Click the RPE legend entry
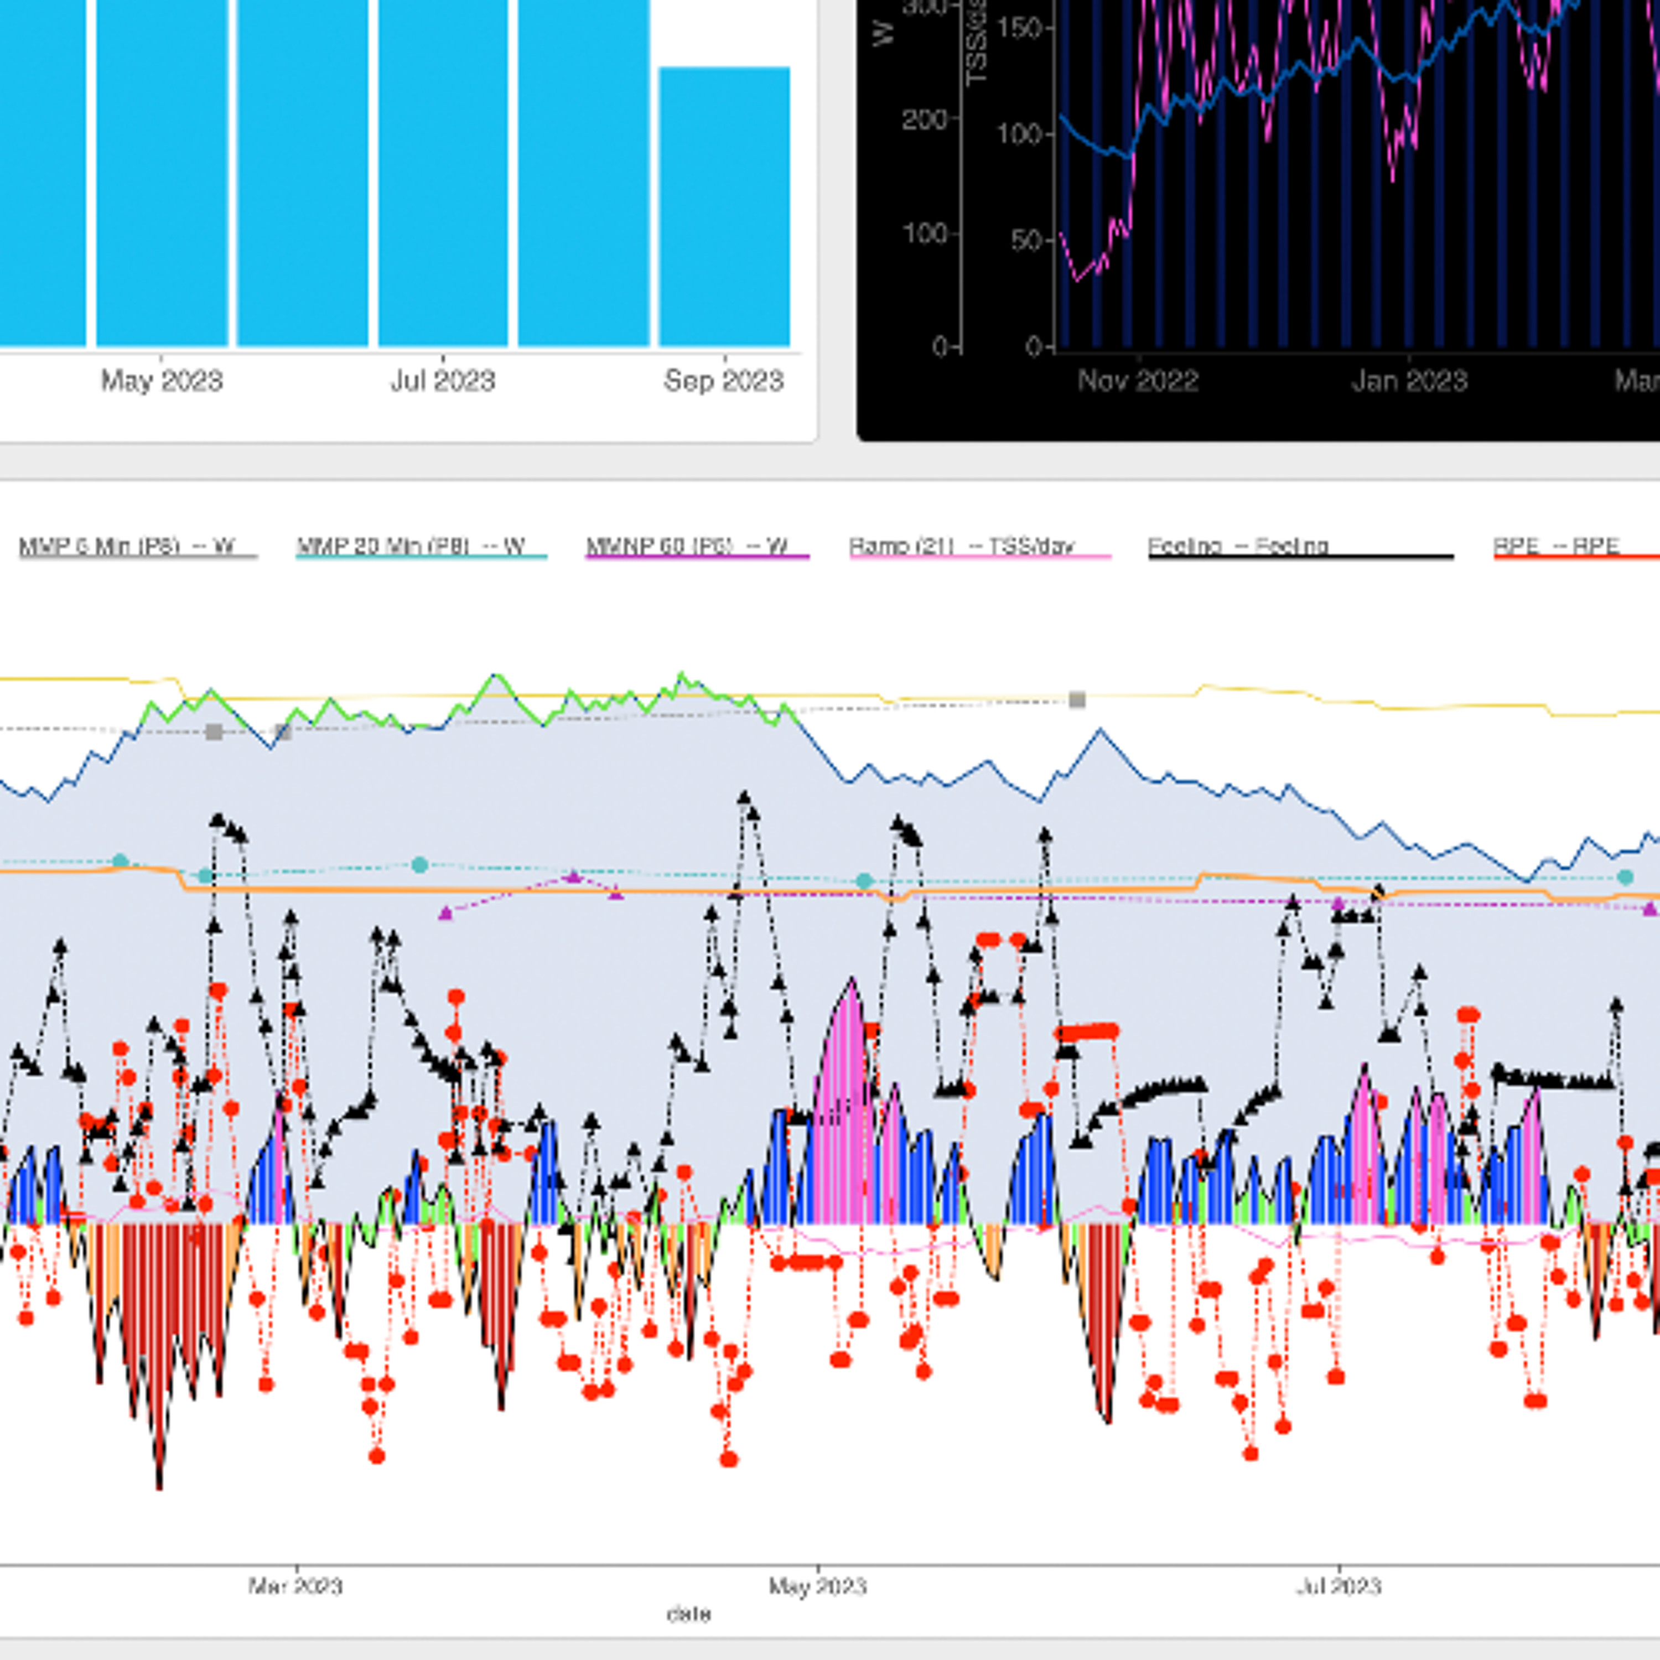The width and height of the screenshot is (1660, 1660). [1556, 547]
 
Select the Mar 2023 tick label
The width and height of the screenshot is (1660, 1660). [295, 1585]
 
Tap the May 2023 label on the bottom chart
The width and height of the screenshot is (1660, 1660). [817, 1585]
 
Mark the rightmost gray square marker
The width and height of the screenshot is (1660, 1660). [1077, 701]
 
